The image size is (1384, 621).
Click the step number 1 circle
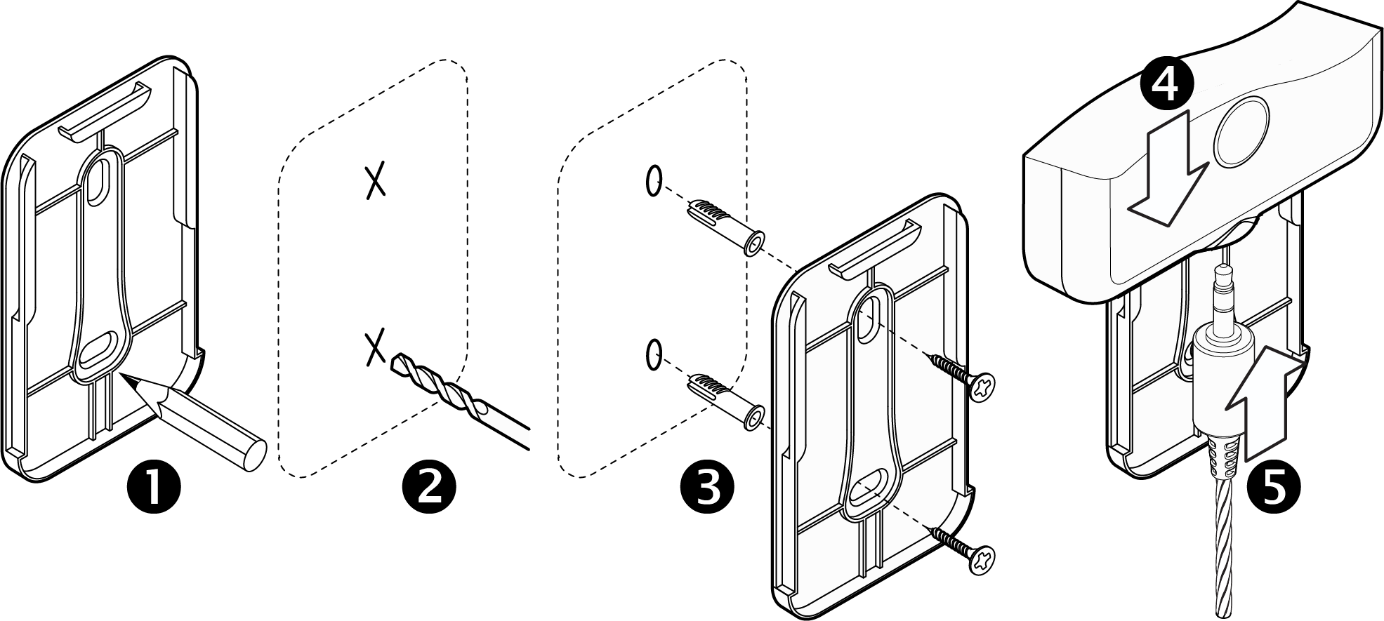click(153, 487)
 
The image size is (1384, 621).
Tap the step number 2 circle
click(429, 487)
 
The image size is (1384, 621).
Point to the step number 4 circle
click(1166, 84)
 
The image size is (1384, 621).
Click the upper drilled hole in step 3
click(653, 181)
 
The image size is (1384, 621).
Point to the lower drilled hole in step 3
click(653, 354)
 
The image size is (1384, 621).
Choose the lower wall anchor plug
click(723, 401)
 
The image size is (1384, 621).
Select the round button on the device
click(1241, 131)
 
